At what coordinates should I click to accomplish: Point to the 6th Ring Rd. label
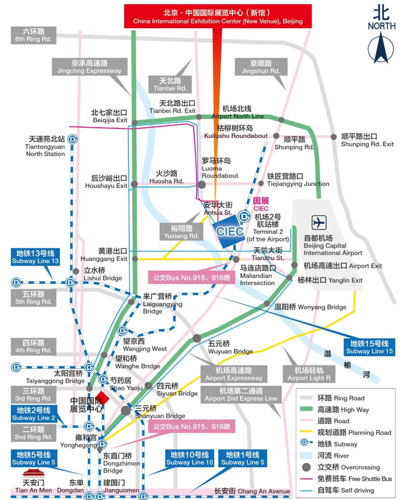coord(34,35)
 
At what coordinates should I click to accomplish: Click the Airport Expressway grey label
coord(234,374)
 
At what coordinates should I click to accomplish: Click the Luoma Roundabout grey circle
coord(202,185)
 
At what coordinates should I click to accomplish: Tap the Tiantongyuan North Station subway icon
coord(73,138)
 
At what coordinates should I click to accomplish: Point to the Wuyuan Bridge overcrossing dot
coord(197,338)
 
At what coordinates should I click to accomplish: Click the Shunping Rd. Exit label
coord(367,140)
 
